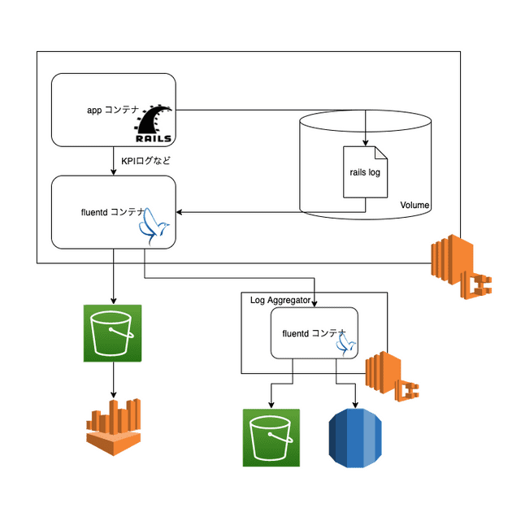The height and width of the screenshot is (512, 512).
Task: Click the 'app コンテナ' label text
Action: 113,110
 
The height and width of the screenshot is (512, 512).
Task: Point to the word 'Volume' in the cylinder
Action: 414,205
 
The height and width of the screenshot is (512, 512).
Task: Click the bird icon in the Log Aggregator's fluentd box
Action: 347,345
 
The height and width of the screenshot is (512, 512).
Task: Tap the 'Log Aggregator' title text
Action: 280,300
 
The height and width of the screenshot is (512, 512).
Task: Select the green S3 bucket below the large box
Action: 113,332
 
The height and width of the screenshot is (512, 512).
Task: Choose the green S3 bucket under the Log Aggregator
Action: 271,437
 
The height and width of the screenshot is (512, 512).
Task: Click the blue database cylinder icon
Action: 357,438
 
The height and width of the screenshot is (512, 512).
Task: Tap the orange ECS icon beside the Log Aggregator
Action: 391,376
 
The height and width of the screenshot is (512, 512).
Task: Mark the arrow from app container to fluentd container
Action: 113,161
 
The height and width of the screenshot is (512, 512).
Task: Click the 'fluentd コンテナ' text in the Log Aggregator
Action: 313,333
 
